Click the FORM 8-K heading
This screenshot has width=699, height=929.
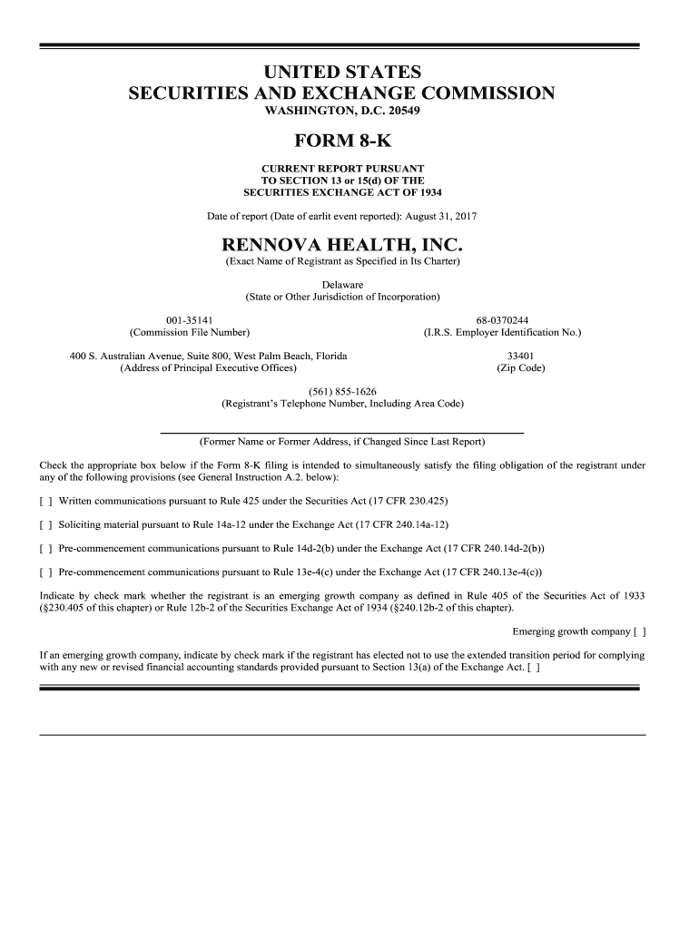click(342, 141)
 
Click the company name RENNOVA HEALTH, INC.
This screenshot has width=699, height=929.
click(342, 246)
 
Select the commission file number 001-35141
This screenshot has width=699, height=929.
click(190, 320)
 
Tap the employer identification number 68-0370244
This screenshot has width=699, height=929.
click(502, 320)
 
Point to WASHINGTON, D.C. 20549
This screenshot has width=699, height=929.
click(342, 111)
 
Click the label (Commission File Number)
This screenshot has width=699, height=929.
click(190, 333)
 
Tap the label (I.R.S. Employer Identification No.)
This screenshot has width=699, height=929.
click(502, 333)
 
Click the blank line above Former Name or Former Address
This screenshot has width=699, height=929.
click(342, 432)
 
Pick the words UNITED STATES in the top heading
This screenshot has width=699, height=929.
click(342, 71)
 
